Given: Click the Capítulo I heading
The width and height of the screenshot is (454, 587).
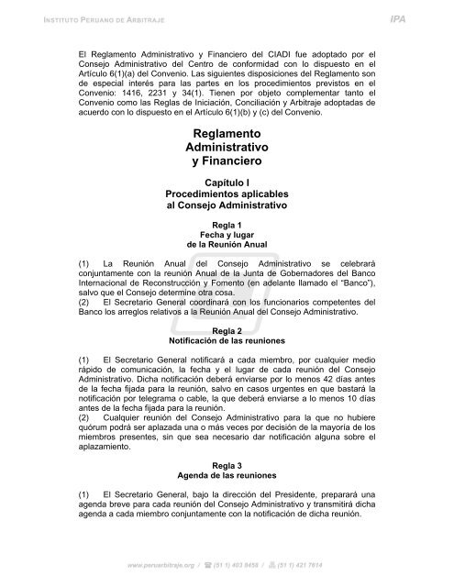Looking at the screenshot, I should pyautogui.click(x=226, y=183).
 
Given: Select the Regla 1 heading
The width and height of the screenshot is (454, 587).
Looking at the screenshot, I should pyautogui.click(x=226, y=225).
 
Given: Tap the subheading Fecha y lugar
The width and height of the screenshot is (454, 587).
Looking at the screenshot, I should pyautogui.click(x=226, y=235).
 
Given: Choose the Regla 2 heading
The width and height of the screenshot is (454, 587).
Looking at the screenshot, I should pyautogui.click(x=226, y=330).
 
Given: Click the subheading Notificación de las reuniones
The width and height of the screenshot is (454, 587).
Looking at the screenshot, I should pyautogui.click(x=226, y=340).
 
